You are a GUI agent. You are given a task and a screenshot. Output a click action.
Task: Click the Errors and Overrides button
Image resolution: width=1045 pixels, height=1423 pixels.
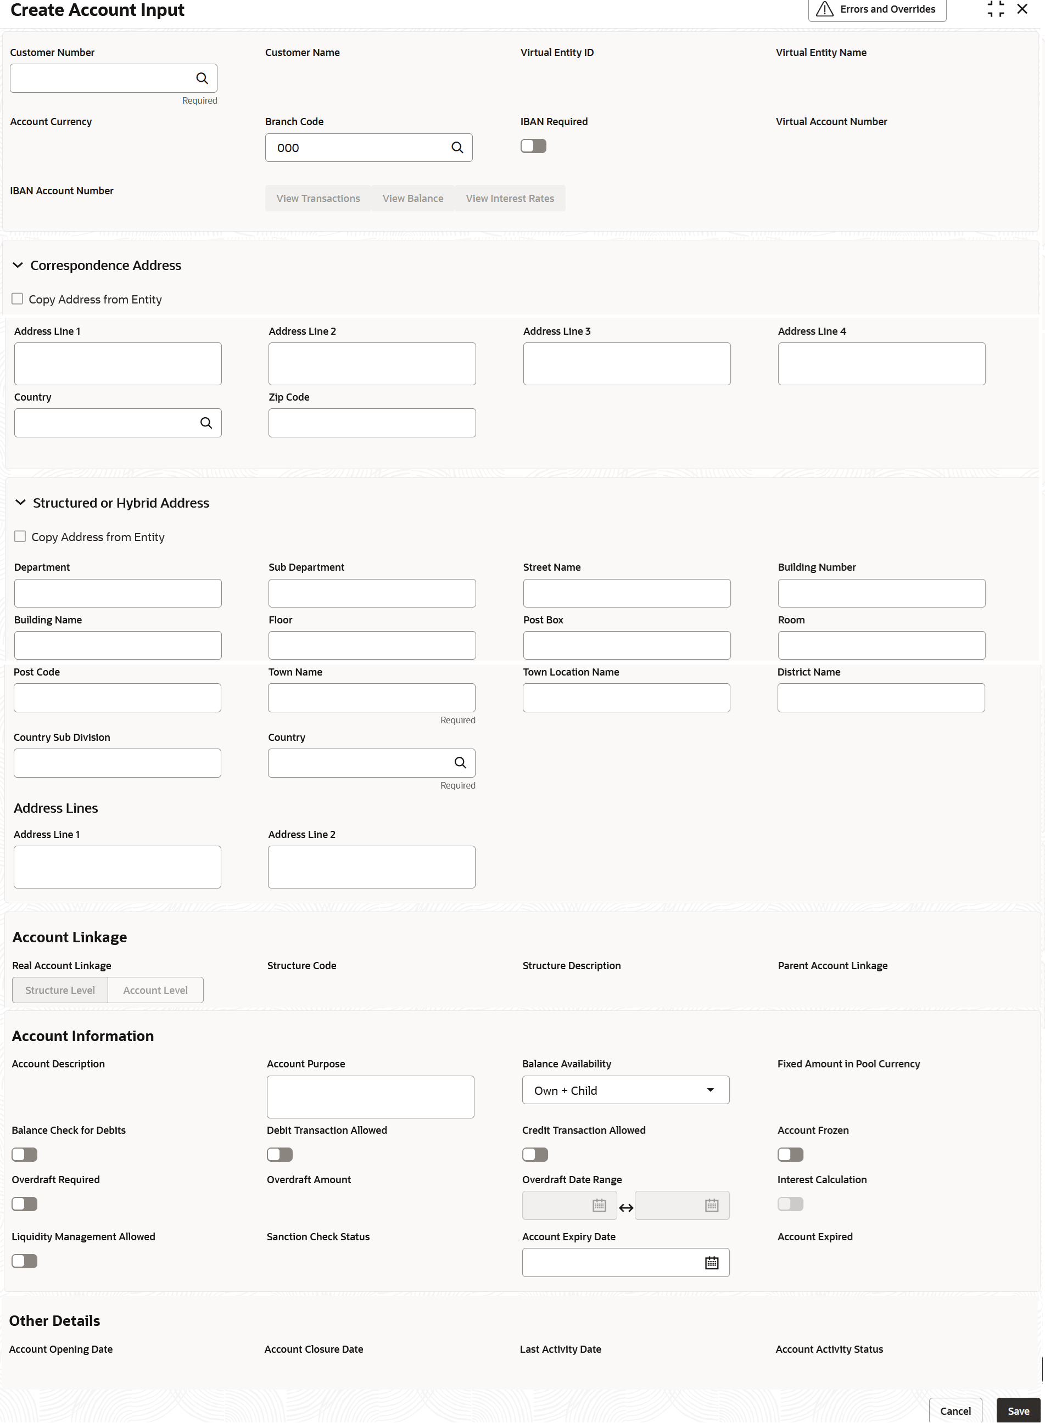[x=877, y=9]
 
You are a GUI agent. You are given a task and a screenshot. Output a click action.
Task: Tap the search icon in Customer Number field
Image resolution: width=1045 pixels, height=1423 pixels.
[x=202, y=78]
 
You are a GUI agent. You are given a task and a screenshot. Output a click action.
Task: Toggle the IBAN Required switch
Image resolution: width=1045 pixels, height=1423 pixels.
[x=533, y=147]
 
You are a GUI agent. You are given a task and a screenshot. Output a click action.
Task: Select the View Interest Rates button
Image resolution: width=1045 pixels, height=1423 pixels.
[x=509, y=199]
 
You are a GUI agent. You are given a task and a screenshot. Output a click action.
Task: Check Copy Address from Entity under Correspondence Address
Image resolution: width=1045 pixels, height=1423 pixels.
[x=18, y=299]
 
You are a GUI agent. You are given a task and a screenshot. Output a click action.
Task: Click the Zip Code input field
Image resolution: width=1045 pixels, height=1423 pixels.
[x=371, y=423]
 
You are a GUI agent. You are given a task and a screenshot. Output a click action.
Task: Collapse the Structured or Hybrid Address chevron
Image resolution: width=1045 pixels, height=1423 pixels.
[x=20, y=503]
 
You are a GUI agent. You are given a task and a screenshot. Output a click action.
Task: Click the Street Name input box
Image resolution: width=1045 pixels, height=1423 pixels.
[x=626, y=593]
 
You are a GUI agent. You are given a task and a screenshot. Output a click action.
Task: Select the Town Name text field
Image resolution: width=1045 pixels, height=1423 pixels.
[x=371, y=698]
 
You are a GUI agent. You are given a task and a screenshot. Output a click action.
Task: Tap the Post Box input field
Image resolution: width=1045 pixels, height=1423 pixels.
[x=626, y=645]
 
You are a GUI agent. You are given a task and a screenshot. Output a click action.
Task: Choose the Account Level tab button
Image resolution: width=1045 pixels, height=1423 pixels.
[x=155, y=990]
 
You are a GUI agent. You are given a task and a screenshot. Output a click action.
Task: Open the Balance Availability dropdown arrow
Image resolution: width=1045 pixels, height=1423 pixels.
[x=711, y=1090]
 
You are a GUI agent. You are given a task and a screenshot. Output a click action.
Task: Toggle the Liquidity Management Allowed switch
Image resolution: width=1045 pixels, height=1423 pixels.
[x=25, y=1261]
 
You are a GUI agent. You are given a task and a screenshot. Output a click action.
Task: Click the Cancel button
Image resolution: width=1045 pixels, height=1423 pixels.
[x=954, y=1411]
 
